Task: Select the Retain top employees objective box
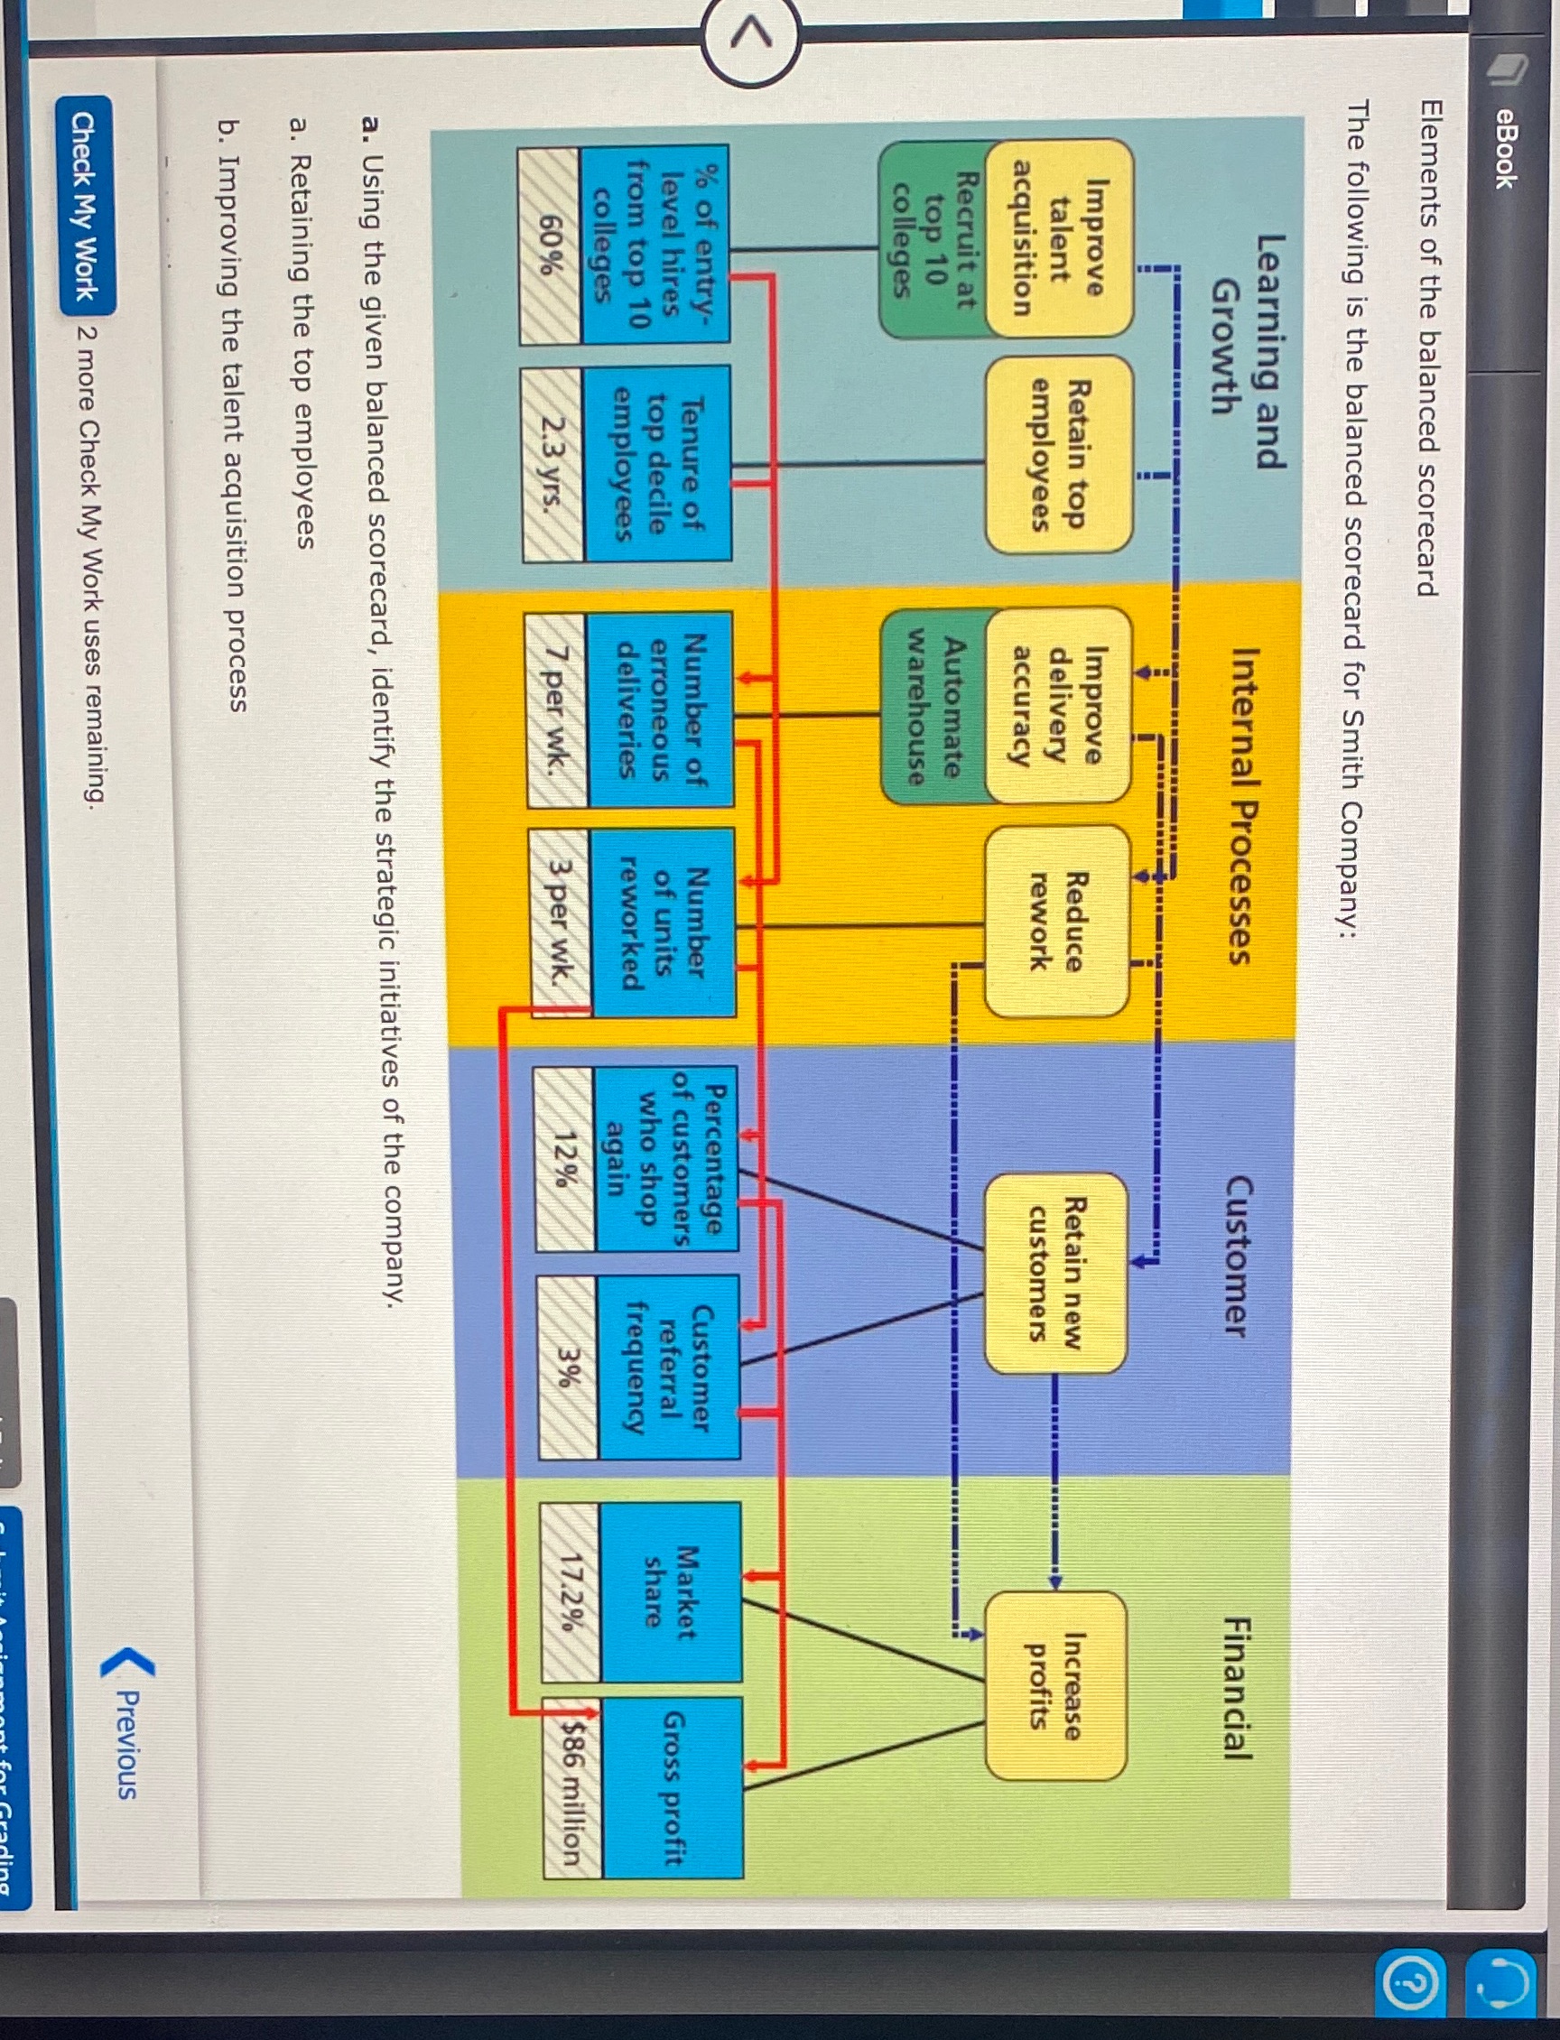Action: (x=1059, y=455)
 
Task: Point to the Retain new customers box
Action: (x=1054, y=1272)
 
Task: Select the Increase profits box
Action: (x=1054, y=1686)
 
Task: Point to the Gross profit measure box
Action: (x=674, y=1787)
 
